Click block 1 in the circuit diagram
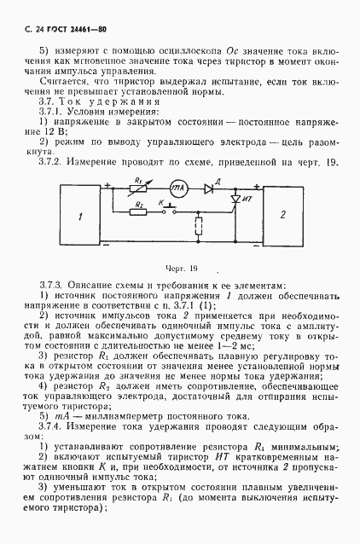pyautogui.click(x=79, y=218)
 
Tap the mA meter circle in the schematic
pyautogui.click(x=177, y=188)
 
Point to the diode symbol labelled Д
pyautogui.click(x=209, y=188)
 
